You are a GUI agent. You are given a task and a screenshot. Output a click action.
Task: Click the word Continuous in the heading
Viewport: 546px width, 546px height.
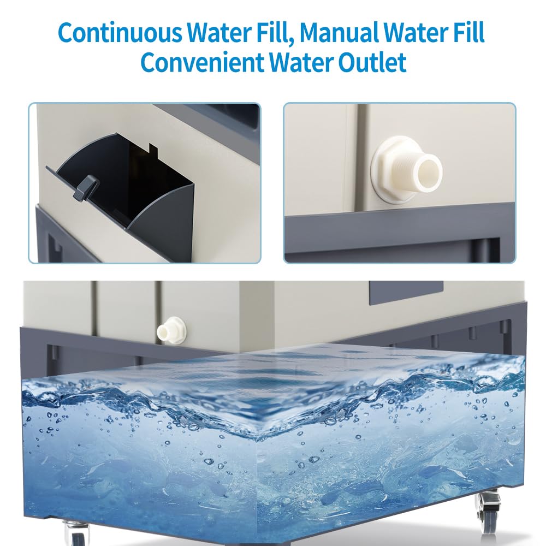tap(120, 32)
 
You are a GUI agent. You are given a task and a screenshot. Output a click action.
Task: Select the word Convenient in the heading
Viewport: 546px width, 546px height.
tap(203, 62)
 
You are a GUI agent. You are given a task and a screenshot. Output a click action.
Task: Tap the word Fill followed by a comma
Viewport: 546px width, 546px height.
tap(275, 32)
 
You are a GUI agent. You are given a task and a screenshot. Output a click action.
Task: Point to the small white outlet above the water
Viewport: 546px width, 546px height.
tap(171, 330)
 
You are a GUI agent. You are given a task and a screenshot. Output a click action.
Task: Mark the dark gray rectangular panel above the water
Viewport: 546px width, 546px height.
tap(406, 293)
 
